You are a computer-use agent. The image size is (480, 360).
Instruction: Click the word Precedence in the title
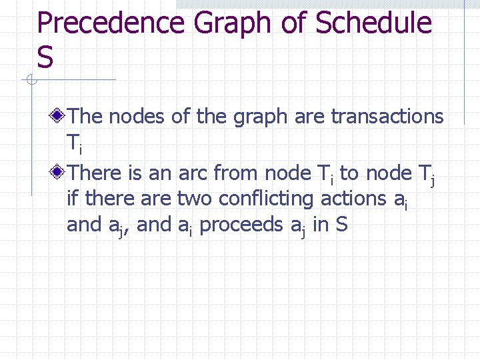click(x=110, y=24)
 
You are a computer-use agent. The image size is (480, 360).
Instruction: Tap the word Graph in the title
click(x=234, y=24)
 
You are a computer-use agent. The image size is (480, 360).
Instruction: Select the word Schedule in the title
click(x=373, y=24)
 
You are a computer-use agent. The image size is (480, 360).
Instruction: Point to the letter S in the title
click(x=45, y=57)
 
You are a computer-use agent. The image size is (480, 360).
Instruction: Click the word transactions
click(x=387, y=117)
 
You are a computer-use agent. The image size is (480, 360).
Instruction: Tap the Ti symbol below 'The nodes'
click(x=73, y=143)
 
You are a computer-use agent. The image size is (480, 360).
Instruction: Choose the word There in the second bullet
click(x=94, y=173)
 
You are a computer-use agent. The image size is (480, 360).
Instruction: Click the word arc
click(x=193, y=173)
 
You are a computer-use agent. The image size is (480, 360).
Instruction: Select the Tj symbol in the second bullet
click(x=424, y=175)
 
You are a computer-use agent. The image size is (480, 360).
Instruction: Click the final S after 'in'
click(x=342, y=225)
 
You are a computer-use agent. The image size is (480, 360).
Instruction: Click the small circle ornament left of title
click(x=31, y=81)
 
